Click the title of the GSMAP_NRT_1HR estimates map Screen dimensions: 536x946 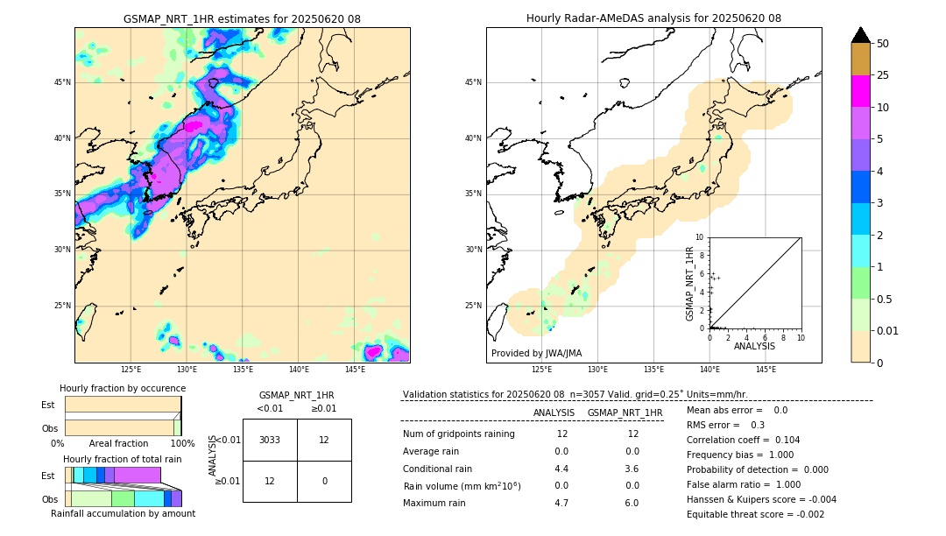tap(242, 18)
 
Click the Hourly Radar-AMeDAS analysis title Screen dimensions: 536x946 tap(653, 18)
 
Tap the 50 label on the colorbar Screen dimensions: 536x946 tap(884, 43)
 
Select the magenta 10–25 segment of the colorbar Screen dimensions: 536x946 tap(861, 91)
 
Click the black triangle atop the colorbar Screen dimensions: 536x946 tap(861, 35)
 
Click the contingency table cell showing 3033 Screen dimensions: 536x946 tap(270, 440)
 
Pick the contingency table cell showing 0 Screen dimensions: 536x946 tap(324, 481)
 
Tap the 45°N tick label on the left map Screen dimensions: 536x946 tap(62, 82)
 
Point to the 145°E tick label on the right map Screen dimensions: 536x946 tap(766, 370)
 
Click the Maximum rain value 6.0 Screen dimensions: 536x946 tap(632, 503)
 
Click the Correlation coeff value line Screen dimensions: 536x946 tap(743, 440)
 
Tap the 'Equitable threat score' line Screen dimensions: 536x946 tap(755, 514)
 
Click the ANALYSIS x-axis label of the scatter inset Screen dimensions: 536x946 tap(754, 346)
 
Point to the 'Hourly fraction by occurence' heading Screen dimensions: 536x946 tap(123, 388)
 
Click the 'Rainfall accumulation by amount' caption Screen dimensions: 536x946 tap(123, 513)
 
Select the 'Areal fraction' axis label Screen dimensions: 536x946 tap(118, 443)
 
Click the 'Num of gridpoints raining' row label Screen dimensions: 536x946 tap(459, 434)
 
